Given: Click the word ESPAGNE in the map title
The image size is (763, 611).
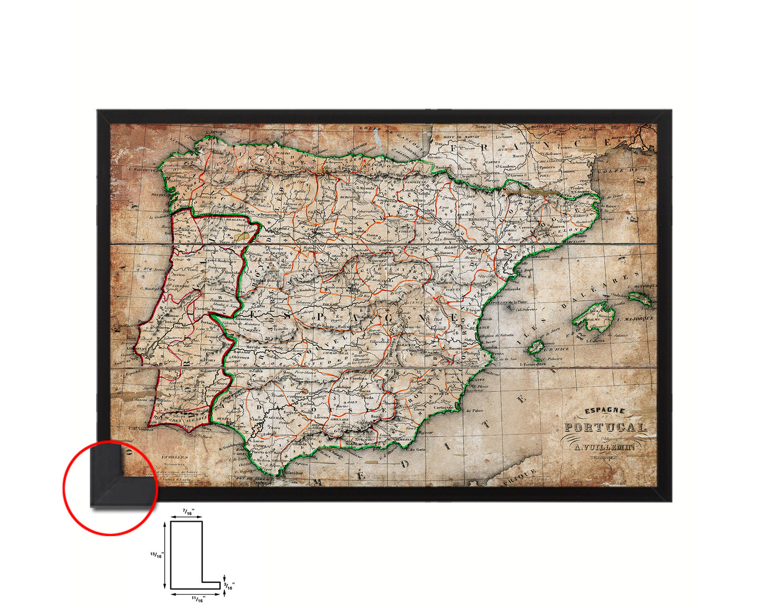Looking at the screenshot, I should [598, 411].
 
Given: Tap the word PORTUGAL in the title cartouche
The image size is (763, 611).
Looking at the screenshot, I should [605, 427].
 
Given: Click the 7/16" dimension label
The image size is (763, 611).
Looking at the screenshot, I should [187, 511].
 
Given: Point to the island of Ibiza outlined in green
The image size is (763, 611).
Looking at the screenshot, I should [536, 347].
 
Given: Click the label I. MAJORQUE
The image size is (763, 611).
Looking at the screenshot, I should [638, 319].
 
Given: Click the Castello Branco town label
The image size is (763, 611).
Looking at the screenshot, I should [210, 309].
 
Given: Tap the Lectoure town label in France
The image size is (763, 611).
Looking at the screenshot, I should [504, 136].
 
